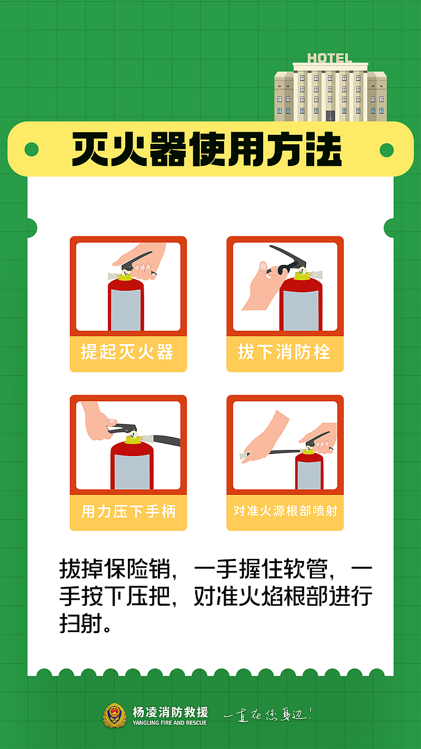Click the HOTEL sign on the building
point(330,58)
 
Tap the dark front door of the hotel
point(330,116)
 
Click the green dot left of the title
point(32,150)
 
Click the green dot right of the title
point(387,150)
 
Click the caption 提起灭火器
point(127,352)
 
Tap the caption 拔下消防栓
point(284,352)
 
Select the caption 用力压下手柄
point(128,511)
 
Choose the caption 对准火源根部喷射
point(285,511)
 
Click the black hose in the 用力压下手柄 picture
point(166,440)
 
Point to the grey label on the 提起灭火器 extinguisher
point(126,310)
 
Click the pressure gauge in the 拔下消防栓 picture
point(302,271)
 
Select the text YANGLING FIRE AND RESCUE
point(170,723)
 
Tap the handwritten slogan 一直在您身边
point(268,715)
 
